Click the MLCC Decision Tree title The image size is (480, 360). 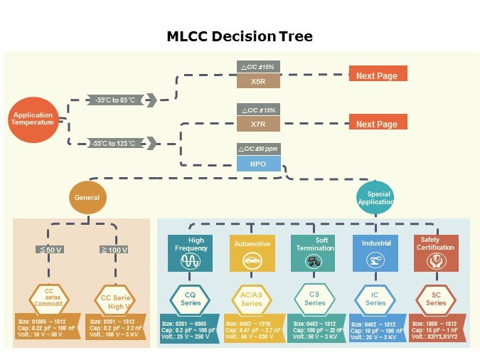pyautogui.click(x=240, y=36)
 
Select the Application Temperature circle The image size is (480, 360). pyautogui.click(x=33, y=119)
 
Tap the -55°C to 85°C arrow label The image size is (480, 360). pyautogui.click(x=121, y=100)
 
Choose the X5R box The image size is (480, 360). pyautogui.click(x=257, y=80)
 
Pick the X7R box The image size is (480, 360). pyautogui.click(x=257, y=124)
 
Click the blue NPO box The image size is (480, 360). pyautogui.click(x=257, y=164)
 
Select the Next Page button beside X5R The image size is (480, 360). pyautogui.click(x=378, y=75)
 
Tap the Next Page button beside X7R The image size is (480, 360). pyautogui.click(x=378, y=123)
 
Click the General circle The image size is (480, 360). pyautogui.click(x=87, y=197)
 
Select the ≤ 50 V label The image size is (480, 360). pyautogui.click(x=50, y=250)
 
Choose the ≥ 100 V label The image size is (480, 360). pyautogui.click(x=114, y=250)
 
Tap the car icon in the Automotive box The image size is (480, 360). pyautogui.click(x=252, y=261)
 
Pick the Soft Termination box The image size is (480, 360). pyautogui.click(x=314, y=252)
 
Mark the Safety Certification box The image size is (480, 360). pyautogui.click(x=436, y=252)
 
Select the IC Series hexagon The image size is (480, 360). pyautogui.click(x=375, y=299)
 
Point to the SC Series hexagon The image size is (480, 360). pyautogui.click(x=436, y=299)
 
